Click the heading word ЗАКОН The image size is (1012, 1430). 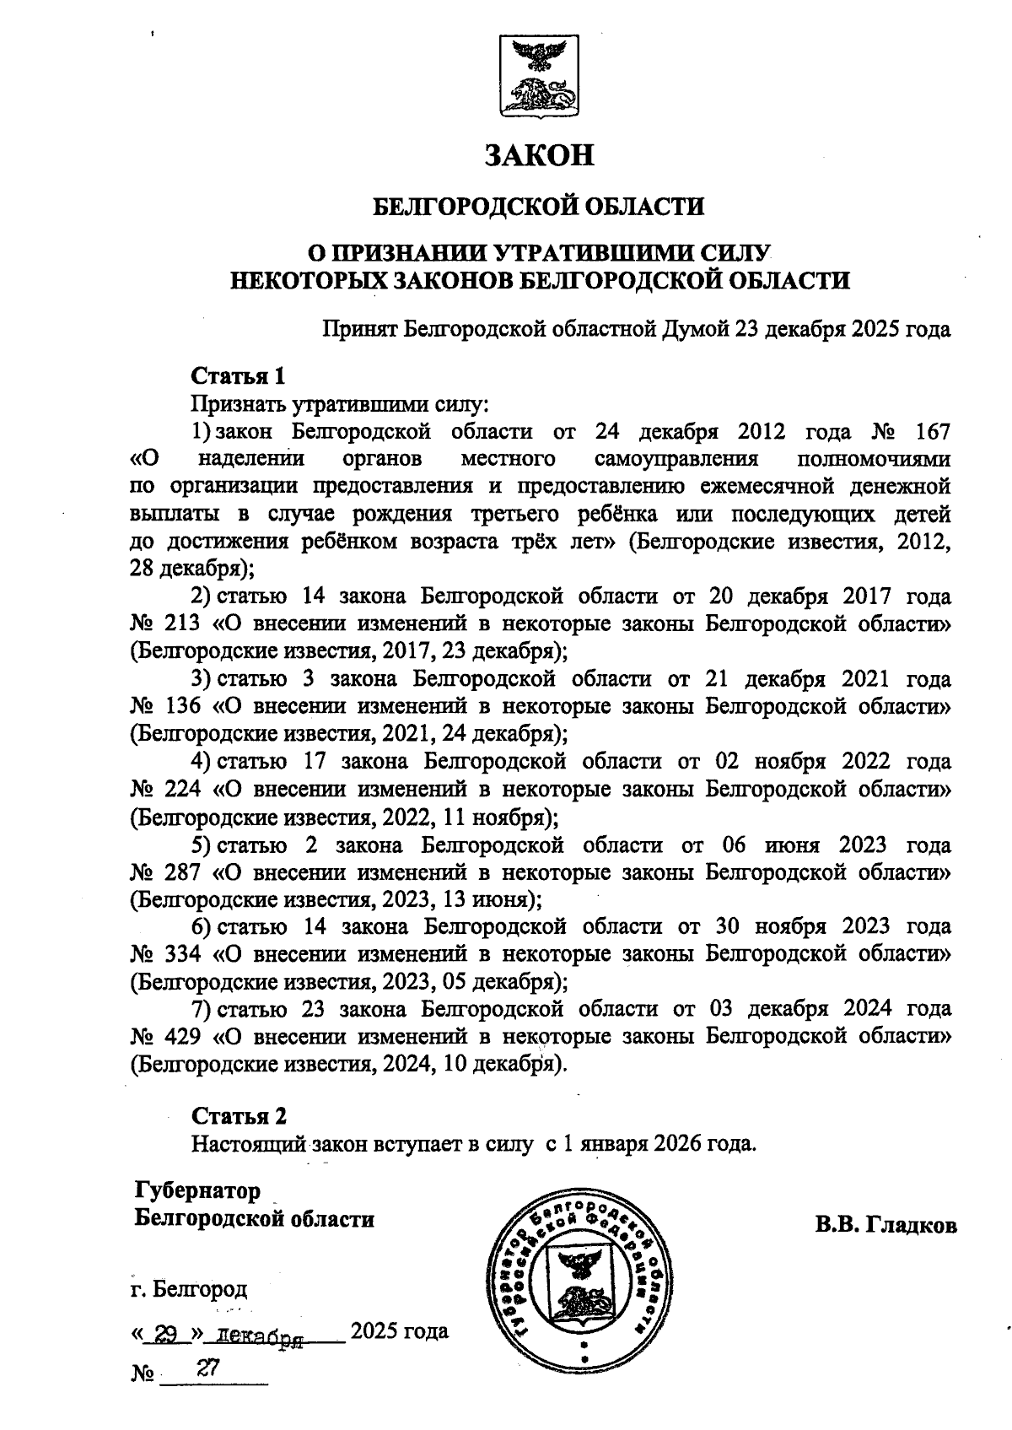541,154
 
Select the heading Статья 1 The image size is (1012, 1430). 239,375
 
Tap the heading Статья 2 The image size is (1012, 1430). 239,1115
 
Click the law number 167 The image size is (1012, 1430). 931,432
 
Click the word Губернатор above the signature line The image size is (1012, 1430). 197,1190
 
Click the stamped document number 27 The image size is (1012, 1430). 207,1368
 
